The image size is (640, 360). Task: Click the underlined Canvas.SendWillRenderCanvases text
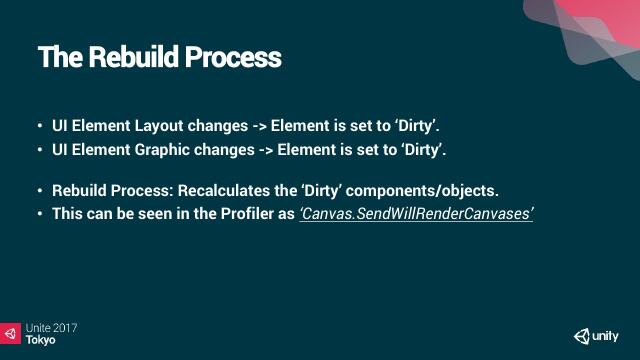tap(416, 214)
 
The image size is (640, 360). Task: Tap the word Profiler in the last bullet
tap(243, 214)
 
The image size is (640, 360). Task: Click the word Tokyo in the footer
tap(41, 340)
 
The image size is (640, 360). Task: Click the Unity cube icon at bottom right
tap(582, 336)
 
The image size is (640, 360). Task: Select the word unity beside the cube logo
tap(605, 337)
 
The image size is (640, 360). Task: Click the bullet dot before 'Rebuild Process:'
tap(40, 191)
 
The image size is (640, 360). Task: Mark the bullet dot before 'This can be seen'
tap(40, 214)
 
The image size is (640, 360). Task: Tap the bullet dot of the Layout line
tap(40, 127)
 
